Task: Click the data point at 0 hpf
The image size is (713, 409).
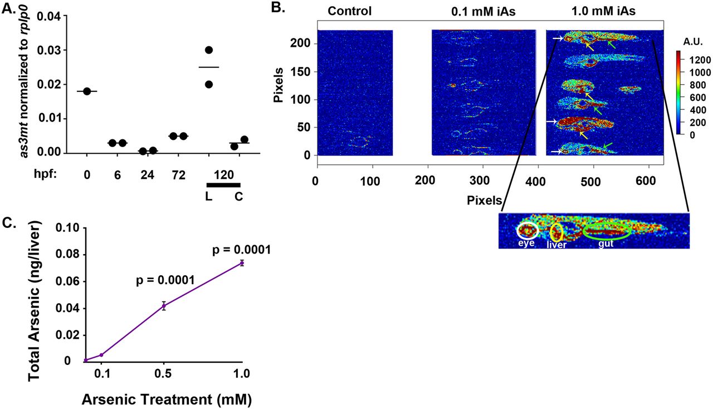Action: pyautogui.click(x=87, y=91)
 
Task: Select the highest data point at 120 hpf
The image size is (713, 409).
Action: pyautogui.click(x=209, y=50)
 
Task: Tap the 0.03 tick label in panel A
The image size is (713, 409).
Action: pyautogui.click(x=50, y=50)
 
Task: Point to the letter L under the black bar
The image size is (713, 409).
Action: pyautogui.click(x=208, y=197)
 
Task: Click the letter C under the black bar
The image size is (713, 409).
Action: pyautogui.click(x=239, y=197)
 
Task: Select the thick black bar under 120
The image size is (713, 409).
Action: pyautogui.click(x=223, y=185)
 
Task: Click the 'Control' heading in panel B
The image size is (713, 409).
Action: pyautogui.click(x=349, y=11)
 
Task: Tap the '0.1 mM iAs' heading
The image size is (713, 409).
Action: pyautogui.click(x=483, y=12)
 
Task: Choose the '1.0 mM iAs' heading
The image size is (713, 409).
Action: pyautogui.click(x=603, y=11)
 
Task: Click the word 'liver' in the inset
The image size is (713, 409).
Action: pyautogui.click(x=556, y=245)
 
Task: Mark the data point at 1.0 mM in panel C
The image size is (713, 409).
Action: pyautogui.click(x=242, y=263)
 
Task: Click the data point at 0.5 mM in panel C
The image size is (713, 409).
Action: pyautogui.click(x=164, y=305)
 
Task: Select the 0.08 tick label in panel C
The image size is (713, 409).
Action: pyautogui.click(x=67, y=255)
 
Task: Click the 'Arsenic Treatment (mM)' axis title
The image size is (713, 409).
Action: pyautogui.click(x=167, y=400)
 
